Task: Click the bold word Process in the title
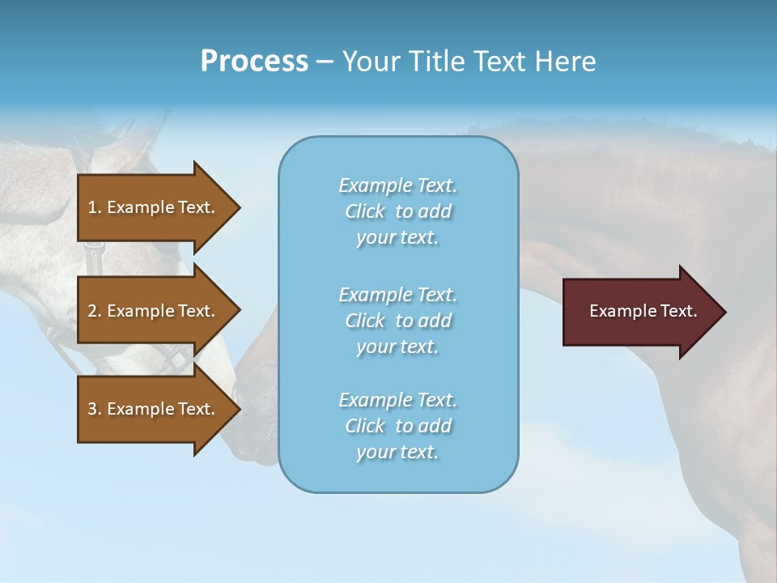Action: pyautogui.click(x=254, y=62)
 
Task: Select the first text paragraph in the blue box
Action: pyautogui.click(x=397, y=211)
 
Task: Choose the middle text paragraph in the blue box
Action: pyautogui.click(x=397, y=321)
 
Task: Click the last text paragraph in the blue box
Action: pyautogui.click(x=397, y=426)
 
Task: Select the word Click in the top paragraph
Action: pyautogui.click(x=365, y=211)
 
